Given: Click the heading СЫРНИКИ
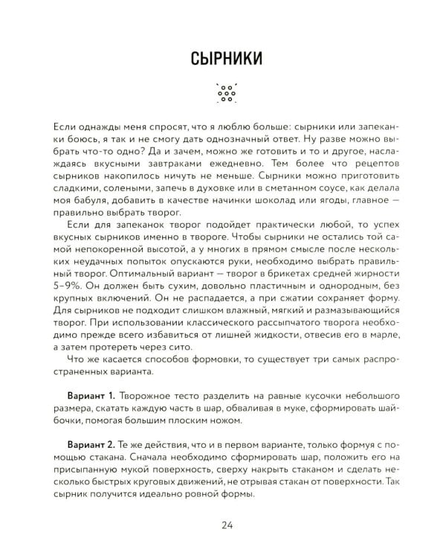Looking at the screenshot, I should [x=223, y=57].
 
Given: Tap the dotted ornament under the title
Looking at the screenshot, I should [x=223, y=92].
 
